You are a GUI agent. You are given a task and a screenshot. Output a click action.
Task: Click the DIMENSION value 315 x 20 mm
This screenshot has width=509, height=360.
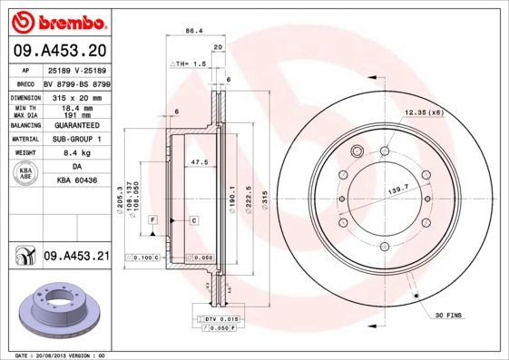tap(74, 97)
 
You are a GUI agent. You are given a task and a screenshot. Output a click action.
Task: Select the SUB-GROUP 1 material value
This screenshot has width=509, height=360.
tap(75, 140)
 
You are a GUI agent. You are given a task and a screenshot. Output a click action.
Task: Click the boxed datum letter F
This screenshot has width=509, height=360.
tap(154, 220)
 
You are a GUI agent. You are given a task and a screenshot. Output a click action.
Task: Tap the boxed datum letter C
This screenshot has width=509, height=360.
tap(193, 220)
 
